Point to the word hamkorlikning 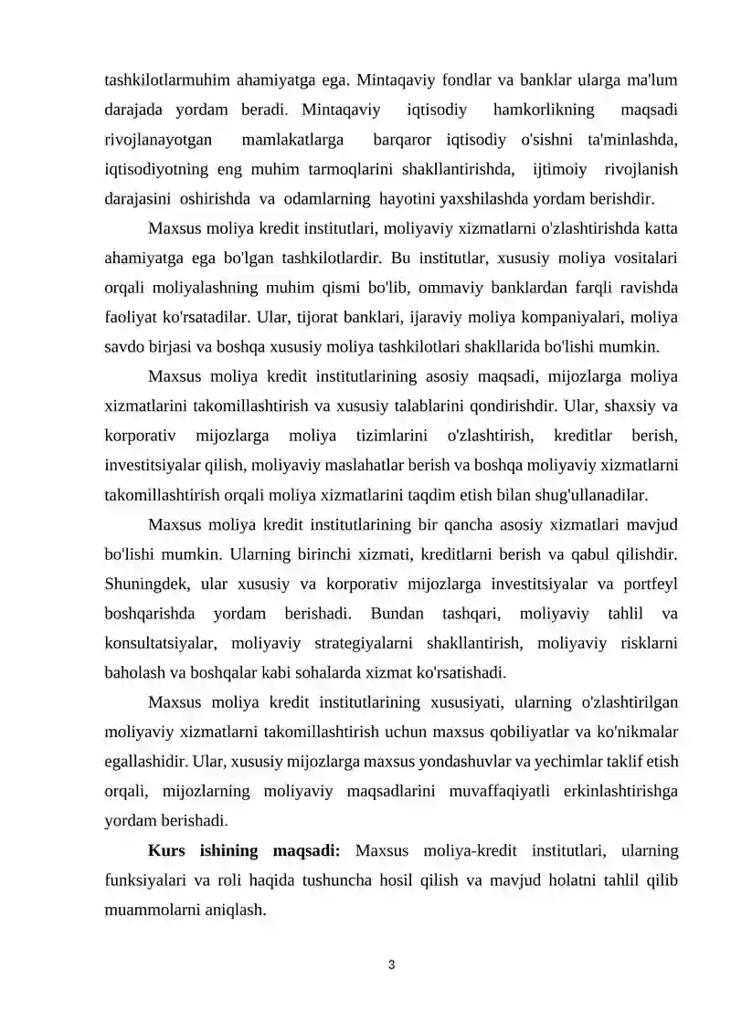543,111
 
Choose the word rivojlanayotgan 159,141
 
